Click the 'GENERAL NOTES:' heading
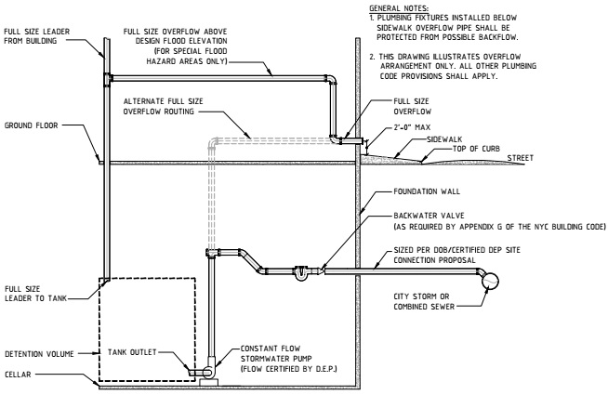[394, 6]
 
